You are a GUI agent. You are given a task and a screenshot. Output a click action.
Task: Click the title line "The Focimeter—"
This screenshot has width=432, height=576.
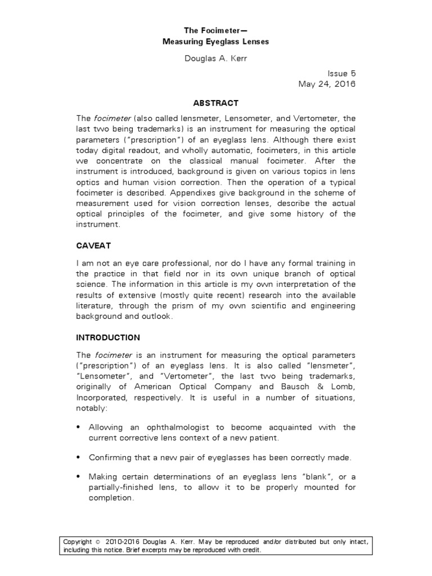(x=216, y=30)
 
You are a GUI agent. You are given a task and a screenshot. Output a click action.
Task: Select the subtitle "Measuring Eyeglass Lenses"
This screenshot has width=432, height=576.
(x=216, y=42)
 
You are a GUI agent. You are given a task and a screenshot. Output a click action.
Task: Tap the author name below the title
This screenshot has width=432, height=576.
(x=216, y=60)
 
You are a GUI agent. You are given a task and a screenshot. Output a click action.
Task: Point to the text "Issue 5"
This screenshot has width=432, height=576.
(x=342, y=74)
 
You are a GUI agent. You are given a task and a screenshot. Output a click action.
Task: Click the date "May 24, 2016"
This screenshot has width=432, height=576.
(x=327, y=84)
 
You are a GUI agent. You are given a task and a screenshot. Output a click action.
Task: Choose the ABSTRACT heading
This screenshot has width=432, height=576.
(x=216, y=103)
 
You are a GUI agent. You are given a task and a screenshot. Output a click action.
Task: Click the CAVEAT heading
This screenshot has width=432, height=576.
(x=92, y=246)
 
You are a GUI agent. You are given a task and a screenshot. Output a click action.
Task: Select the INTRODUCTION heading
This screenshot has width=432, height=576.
(x=108, y=337)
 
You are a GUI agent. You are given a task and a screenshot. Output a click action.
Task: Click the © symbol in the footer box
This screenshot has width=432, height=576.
(x=96, y=542)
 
